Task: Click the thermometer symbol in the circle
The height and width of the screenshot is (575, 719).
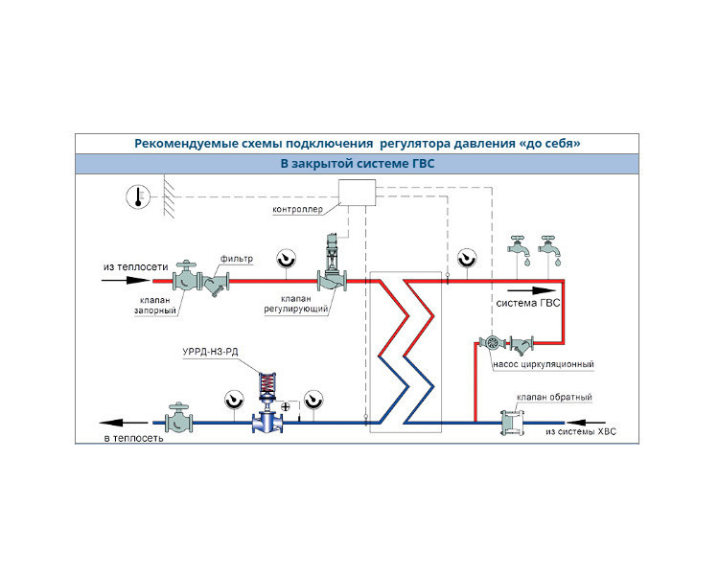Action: tap(138, 197)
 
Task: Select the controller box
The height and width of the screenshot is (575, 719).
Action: tap(357, 193)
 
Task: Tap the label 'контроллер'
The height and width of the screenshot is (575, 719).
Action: tap(297, 210)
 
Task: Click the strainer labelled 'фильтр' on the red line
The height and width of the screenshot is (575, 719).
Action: tap(215, 283)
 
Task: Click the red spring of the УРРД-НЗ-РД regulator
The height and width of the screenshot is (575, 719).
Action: tap(267, 381)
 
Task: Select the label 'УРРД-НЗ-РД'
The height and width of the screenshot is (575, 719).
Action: tap(210, 352)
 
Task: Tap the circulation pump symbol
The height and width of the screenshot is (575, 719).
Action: tap(493, 342)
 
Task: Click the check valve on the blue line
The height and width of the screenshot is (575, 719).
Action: tap(512, 423)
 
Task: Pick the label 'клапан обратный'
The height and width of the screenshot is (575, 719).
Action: tap(554, 397)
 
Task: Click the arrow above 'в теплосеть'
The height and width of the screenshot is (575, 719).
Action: tap(123, 423)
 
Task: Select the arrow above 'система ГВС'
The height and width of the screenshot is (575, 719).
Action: tap(531, 290)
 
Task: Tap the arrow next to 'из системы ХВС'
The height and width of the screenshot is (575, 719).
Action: tap(586, 423)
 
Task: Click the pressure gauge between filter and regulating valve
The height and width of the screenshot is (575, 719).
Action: tap(286, 259)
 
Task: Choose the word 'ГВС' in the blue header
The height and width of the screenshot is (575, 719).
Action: tap(420, 164)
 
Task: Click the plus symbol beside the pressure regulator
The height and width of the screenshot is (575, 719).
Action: tap(286, 406)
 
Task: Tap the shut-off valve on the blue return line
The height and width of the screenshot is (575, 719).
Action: tap(179, 418)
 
